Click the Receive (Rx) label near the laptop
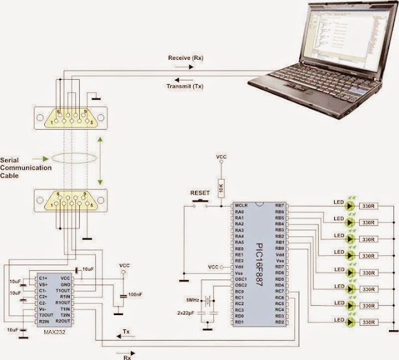[186, 58]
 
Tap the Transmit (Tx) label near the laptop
[186, 86]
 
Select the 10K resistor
[220, 185]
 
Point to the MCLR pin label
[241, 205]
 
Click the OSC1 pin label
[241, 278]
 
